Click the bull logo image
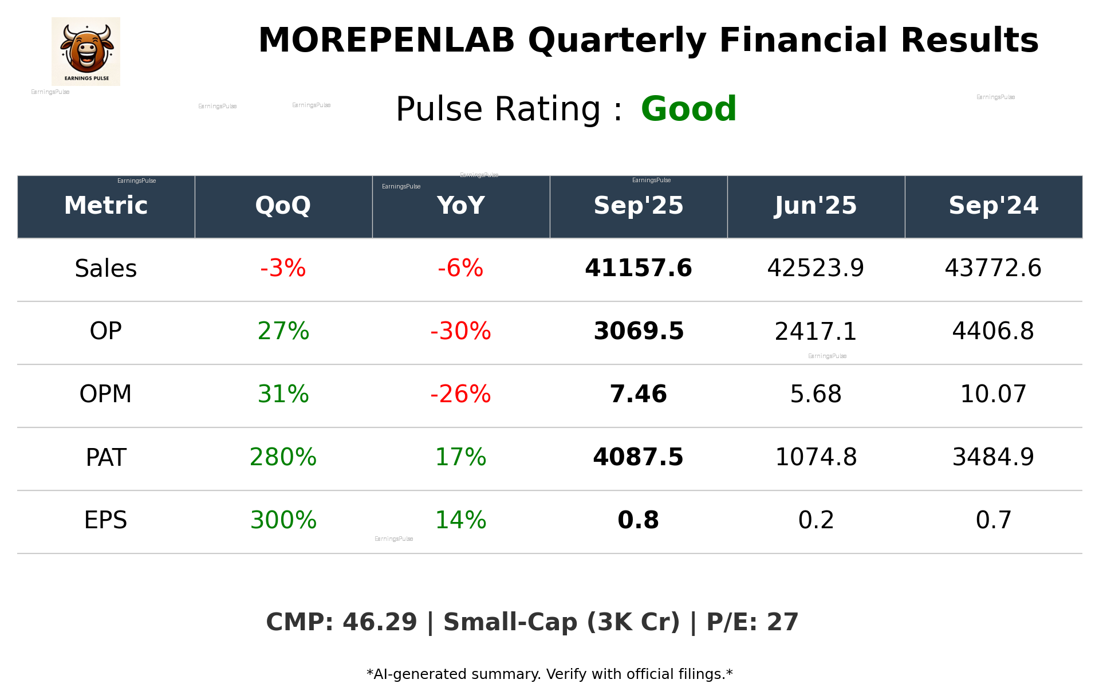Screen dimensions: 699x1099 [x=86, y=51]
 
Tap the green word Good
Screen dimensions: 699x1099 [x=688, y=109]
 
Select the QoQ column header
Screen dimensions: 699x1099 [x=283, y=206]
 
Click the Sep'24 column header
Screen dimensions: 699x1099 [x=993, y=206]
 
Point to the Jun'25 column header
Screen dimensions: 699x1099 [x=816, y=206]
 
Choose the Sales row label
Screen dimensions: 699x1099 [x=106, y=269]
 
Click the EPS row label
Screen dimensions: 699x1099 [x=106, y=520]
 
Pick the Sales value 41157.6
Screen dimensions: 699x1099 [x=638, y=268]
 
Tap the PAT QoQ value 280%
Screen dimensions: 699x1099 [x=283, y=457]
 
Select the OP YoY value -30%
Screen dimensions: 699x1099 [x=460, y=331]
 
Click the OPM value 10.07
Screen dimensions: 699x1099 [x=993, y=394]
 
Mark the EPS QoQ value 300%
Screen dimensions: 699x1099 [x=283, y=520]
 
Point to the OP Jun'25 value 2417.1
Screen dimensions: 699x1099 [x=816, y=332]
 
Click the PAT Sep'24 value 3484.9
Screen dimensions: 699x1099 [x=993, y=457]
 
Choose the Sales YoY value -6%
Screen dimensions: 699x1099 [x=460, y=268]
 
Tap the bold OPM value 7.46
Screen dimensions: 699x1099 [x=638, y=394]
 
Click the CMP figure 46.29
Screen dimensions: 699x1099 [x=380, y=622]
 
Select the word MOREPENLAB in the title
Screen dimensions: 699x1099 [x=387, y=41]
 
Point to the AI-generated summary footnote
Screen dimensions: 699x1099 [x=549, y=674]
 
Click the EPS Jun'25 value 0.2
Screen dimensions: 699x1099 [x=816, y=520]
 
